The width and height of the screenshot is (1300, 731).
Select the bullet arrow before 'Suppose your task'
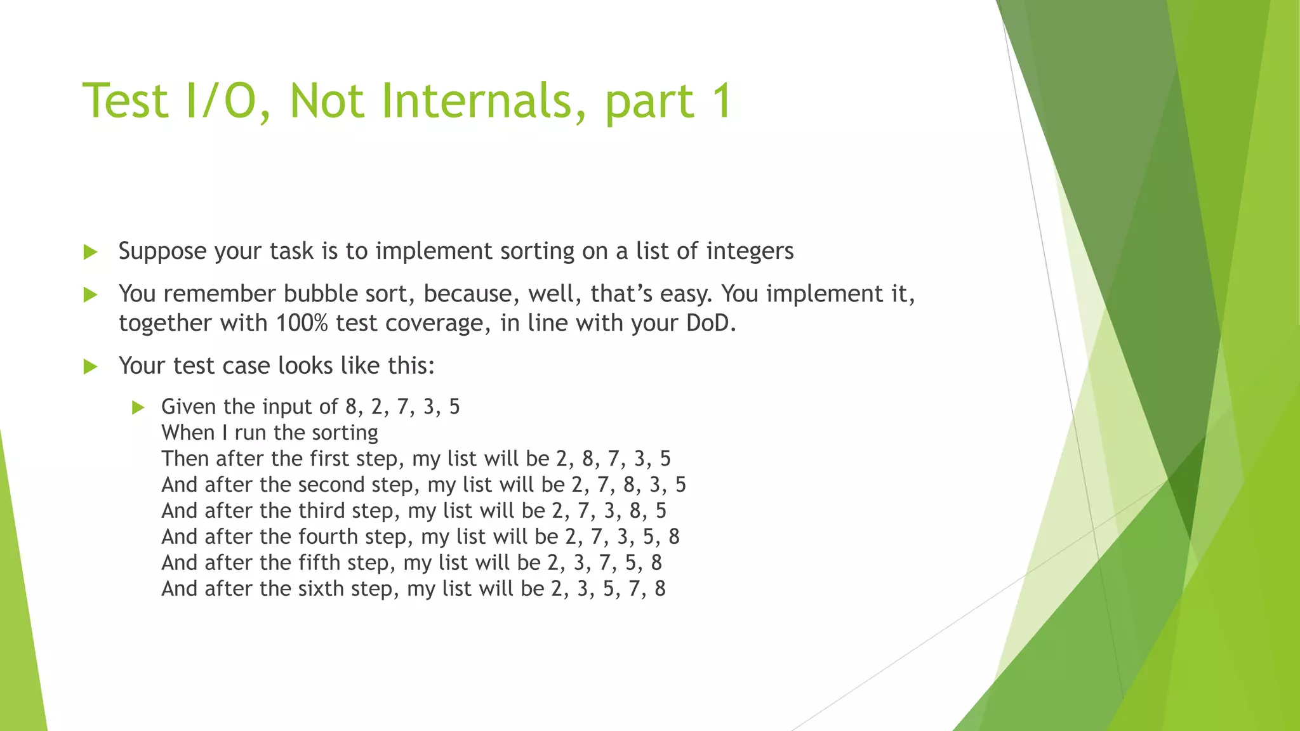click(x=90, y=252)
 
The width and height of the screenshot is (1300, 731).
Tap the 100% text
click(x=302, y=323)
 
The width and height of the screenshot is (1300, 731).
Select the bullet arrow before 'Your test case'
click(x=90, y=366)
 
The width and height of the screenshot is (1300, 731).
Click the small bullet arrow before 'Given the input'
click(x=138, y=407)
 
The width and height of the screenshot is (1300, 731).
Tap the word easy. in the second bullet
click(x=686, y=294)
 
